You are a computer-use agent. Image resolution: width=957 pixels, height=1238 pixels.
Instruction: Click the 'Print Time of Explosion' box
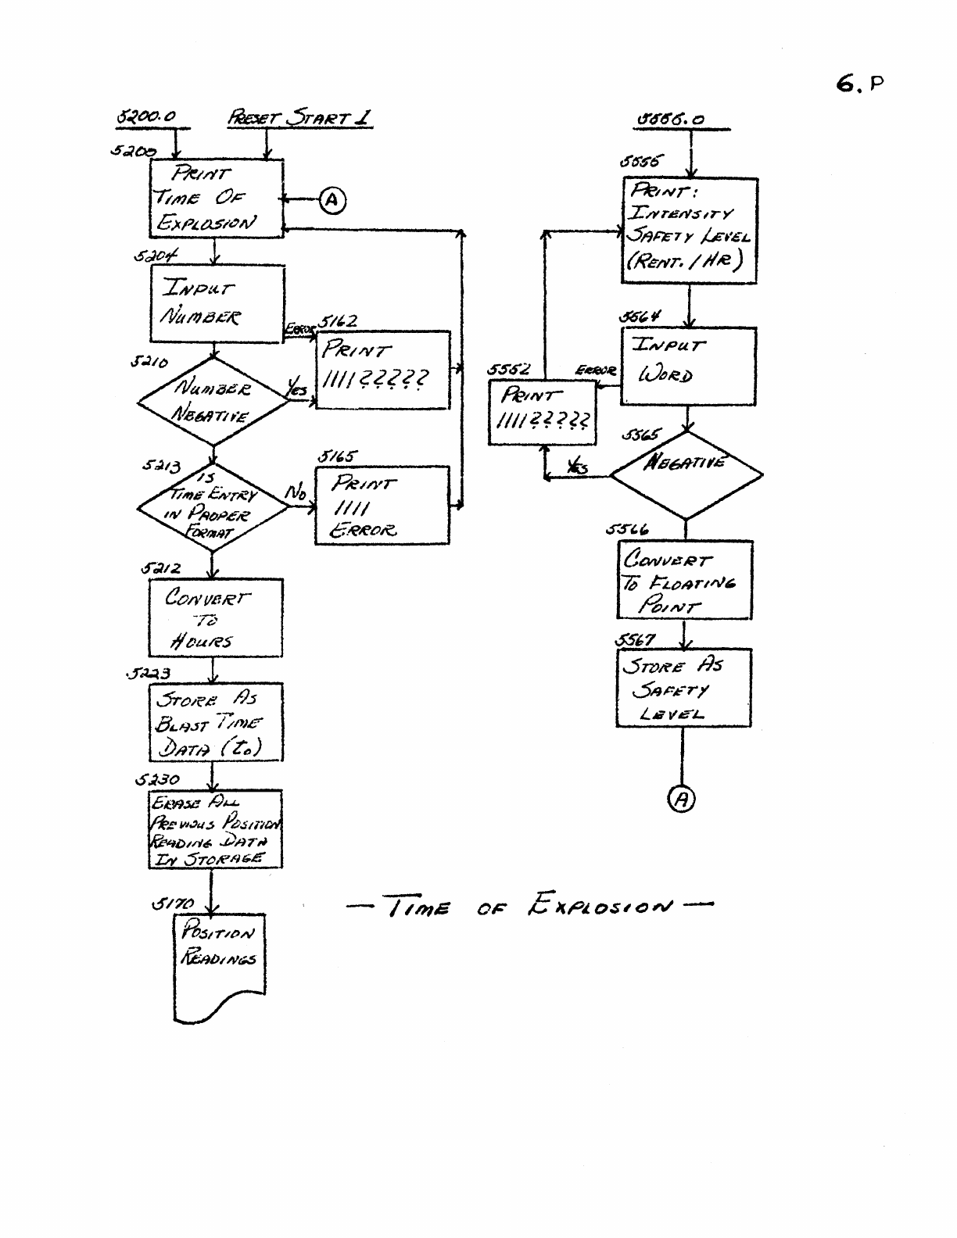click(216, 199)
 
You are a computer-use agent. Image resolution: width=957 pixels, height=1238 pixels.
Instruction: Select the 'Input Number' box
click(217, 303)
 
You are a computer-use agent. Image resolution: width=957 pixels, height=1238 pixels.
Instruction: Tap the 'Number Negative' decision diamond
click(213, 402)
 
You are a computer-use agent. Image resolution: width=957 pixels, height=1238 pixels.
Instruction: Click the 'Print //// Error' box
click(382, 505)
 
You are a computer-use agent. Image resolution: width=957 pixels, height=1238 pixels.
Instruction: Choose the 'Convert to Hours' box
click(215, 618)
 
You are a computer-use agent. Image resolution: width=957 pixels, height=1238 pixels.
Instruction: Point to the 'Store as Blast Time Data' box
click(216, 722)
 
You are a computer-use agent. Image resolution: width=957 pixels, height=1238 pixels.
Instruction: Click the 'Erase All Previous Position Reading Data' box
click(215, 829)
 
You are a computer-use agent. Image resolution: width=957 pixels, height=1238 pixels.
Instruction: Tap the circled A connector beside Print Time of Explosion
click(332, 201)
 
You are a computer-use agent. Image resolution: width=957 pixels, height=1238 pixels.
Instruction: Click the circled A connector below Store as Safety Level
click(682, 799)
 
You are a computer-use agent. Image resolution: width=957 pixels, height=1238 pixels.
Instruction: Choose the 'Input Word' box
click(688, 366)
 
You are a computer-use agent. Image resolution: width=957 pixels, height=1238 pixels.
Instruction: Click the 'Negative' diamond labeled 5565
click(686, 474)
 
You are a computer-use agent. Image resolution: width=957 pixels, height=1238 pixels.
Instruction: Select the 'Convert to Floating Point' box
click(685, 580)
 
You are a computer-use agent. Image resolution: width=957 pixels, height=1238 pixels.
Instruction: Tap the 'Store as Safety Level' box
click(683, 688)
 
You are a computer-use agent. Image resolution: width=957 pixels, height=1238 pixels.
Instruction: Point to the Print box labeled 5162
click(383, 370)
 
